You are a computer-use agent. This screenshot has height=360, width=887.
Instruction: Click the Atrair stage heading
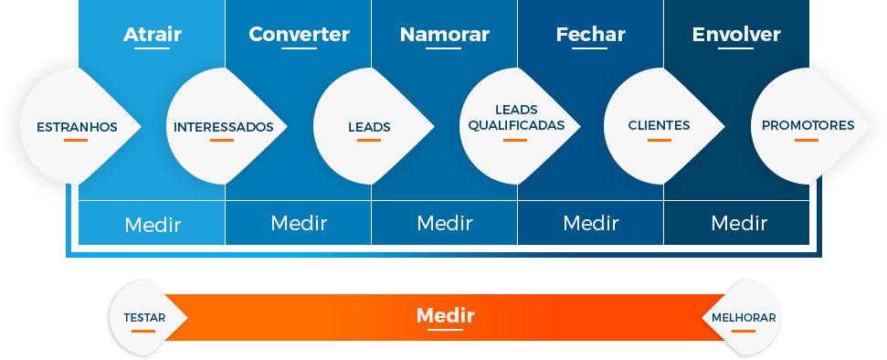153,35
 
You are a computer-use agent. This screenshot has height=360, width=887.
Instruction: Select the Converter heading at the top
299,35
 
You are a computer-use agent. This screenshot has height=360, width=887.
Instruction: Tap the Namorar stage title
445,35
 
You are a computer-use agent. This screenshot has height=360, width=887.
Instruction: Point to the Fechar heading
590,35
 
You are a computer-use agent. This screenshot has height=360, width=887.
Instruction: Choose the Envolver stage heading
736,35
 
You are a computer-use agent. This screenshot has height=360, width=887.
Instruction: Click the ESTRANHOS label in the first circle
77,127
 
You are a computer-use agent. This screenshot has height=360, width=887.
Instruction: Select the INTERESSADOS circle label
223,127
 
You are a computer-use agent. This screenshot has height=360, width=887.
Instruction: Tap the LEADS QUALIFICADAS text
516,117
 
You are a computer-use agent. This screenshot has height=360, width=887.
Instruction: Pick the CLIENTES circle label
659,125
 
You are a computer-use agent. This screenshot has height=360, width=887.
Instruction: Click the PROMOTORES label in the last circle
808,125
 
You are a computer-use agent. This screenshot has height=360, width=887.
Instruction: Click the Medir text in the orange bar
445,316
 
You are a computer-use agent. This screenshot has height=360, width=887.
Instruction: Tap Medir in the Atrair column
153,224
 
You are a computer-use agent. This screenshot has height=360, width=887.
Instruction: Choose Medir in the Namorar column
445,223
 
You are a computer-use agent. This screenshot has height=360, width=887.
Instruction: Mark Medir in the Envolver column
739,223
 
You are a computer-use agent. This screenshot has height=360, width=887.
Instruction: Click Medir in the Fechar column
591,223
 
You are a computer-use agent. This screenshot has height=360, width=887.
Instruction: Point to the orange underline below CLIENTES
660,140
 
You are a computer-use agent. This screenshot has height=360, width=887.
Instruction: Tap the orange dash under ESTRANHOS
76,140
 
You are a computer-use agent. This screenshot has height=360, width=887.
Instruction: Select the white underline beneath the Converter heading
299,48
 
